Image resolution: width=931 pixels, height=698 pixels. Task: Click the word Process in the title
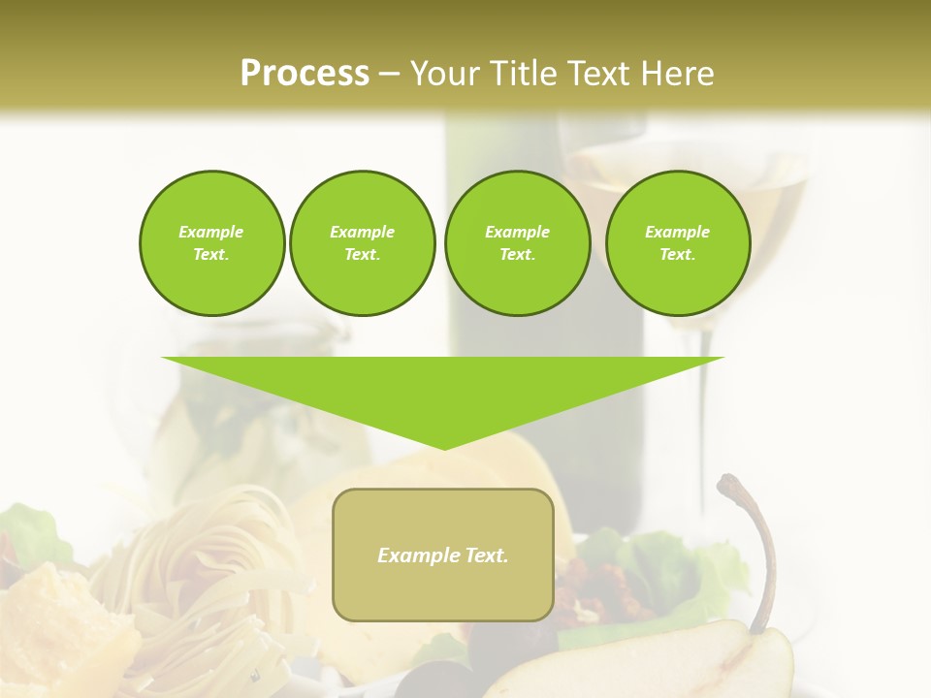tap(305, 74)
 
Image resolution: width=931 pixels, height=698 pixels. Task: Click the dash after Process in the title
tap(389, 75)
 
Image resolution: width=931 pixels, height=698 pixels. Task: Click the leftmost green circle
tap(211, 243)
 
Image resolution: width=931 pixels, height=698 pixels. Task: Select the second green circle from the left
tap(362, 243)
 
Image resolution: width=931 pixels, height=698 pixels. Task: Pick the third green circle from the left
tap(517, 243)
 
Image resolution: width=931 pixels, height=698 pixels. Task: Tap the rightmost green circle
tap(677, 243)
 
